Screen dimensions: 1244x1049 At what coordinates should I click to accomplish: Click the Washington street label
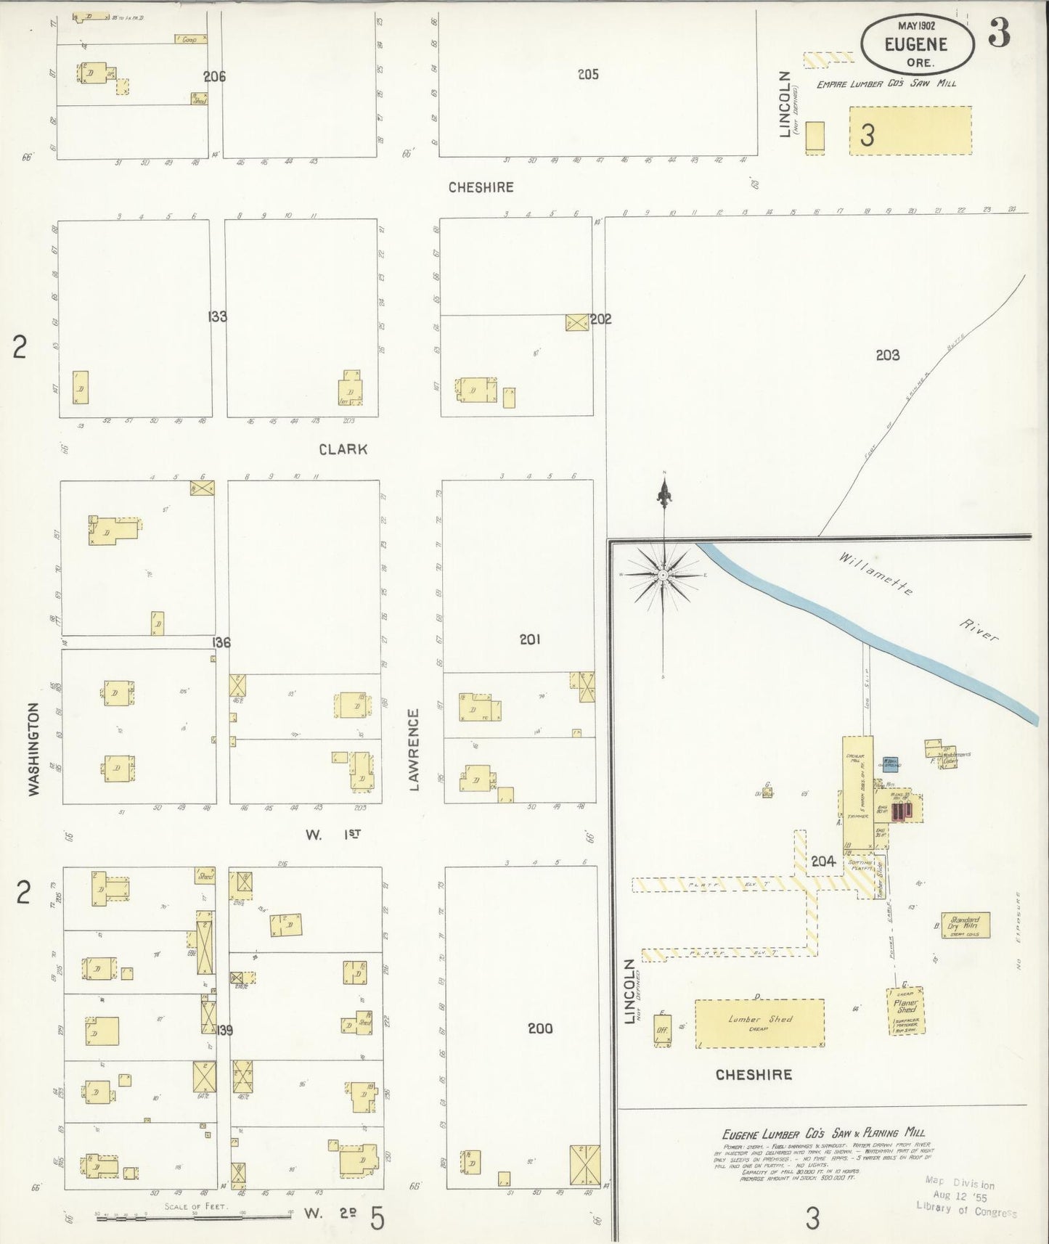point(33,749)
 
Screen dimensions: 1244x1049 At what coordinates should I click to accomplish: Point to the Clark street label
point(343,449)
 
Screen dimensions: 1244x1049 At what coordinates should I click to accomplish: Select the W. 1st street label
point(332,835)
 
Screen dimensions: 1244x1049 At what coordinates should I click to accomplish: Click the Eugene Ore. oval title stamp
point(916,44)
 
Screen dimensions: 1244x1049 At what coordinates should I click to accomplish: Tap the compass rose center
point(664,574)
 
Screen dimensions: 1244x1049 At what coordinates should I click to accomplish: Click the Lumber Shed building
point(759,1023)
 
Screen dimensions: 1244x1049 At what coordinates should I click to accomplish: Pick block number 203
point(887,355)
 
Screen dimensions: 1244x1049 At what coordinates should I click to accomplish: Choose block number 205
point(588,74)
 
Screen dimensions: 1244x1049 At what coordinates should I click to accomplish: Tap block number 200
point(540,1028)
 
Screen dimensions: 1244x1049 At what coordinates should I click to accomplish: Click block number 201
point(530,639)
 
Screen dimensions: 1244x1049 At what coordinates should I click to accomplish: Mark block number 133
point(217,316)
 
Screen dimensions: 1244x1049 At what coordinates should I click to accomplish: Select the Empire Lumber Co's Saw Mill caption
point(886,83)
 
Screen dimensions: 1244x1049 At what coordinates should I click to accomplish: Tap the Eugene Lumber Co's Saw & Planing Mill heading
point(823,1133)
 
